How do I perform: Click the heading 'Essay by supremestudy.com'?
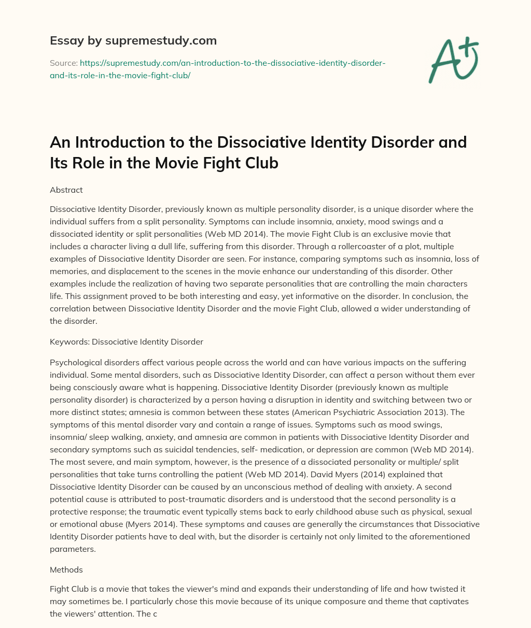pos(133,40)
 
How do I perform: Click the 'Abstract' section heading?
pos(66,190)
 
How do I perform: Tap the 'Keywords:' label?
pos(69,341)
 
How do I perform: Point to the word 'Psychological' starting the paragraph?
pos(75,362)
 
